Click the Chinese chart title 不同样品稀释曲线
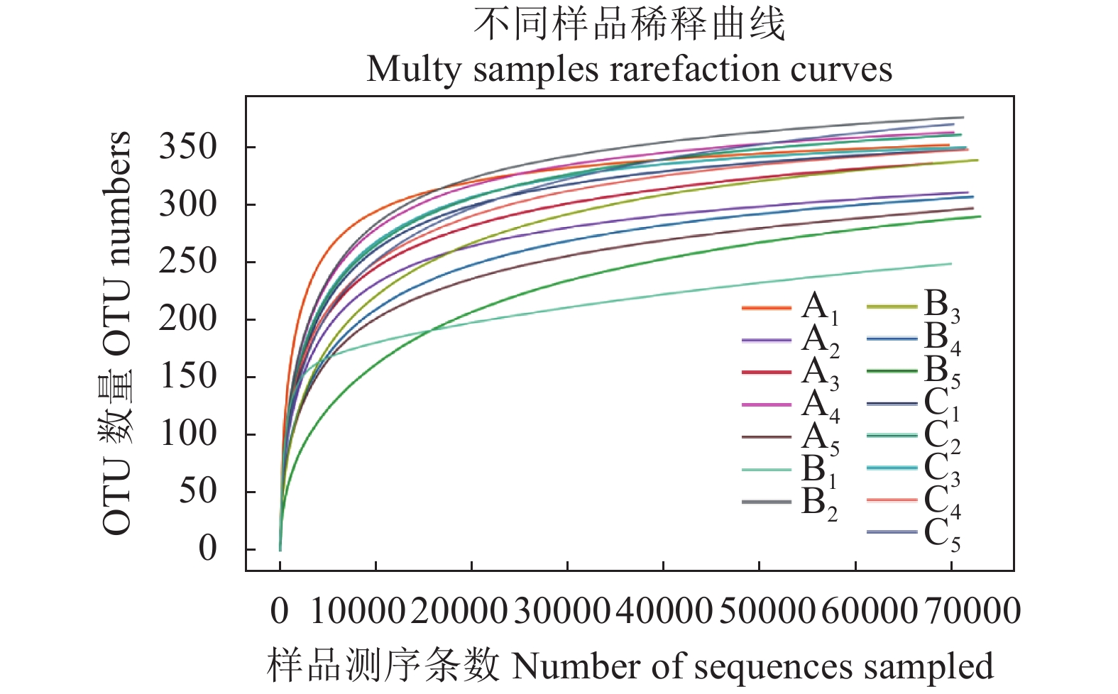[629, 24]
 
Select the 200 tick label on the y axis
[187, 319]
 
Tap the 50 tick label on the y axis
[197, 491]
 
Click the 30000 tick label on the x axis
[561, 611]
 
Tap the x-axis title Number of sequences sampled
[752, 667]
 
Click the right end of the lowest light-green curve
[950, 264]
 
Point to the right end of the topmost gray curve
[963, 117]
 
